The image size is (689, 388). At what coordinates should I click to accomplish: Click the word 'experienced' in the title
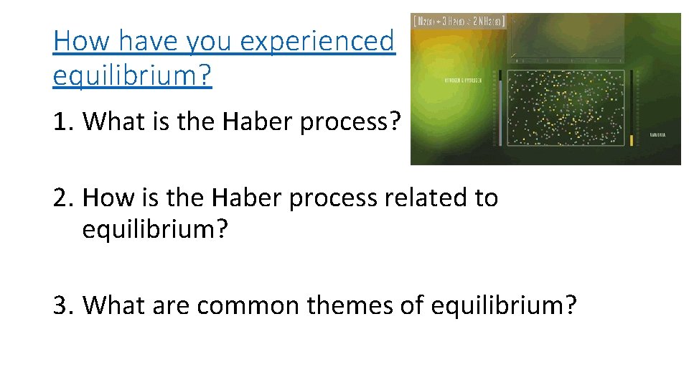coord(317,42)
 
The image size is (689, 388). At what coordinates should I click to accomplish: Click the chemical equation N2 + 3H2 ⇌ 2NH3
coord(459,22)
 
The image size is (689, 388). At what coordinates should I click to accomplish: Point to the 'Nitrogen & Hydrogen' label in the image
coord(461,80)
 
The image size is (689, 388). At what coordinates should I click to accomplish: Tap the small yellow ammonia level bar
coord(632,140)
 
